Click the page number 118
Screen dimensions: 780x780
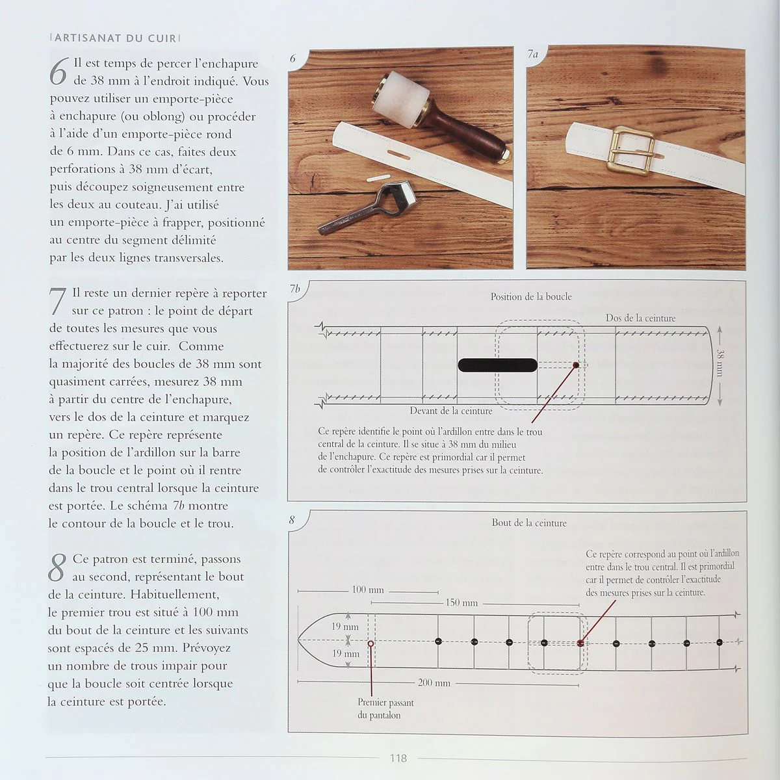coord(398,758)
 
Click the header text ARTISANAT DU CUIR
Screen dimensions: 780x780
coord(115,38)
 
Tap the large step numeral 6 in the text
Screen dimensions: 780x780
coord(58,72)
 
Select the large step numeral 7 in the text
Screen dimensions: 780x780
coord(58,302)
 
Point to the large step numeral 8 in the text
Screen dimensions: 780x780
coord(57,567)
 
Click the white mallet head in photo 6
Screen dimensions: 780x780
coord(398,100)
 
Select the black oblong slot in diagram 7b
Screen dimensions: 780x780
coord(497,365)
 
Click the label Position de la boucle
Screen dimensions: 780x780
coord(531,296)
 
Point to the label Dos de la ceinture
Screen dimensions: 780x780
coord(640,318)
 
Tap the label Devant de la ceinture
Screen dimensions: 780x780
coord(450,411)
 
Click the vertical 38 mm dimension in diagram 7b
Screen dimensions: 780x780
coord(720,363)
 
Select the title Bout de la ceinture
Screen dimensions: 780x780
coord(528,523)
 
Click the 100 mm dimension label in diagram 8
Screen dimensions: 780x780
coord(367,590)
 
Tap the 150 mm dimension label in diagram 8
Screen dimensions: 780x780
coord(461,603)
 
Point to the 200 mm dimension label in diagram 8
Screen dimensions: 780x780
coord(434,683)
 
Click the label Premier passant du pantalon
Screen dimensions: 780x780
coord(385,708)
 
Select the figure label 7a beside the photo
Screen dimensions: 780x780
coord(532,56)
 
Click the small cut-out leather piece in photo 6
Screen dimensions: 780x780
coord(377,177)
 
